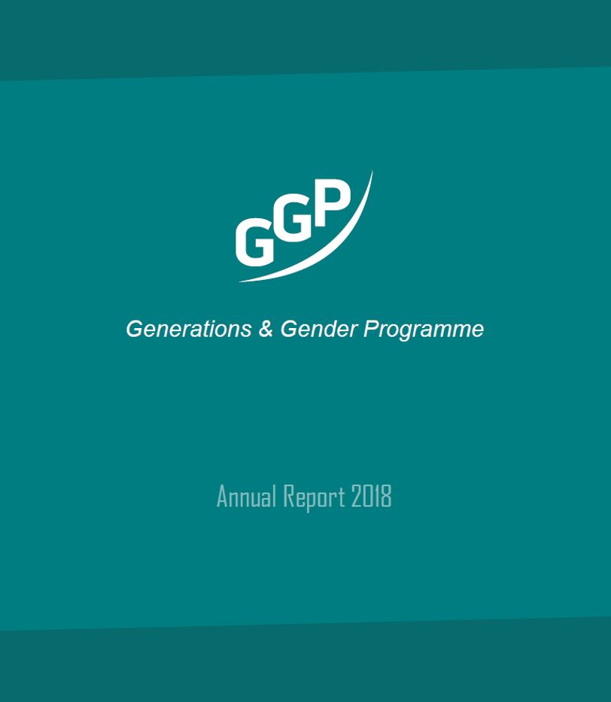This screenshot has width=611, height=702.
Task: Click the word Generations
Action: click(188, 329)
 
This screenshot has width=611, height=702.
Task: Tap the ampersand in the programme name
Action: click(266, 329)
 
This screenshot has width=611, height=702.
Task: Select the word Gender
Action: click(318, 330)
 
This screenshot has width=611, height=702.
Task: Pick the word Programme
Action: click(424, 330)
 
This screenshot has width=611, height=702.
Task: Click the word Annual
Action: click(247, 497)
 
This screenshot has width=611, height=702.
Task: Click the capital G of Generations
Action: click(134, 329)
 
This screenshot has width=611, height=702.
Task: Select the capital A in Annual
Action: click(222, 497)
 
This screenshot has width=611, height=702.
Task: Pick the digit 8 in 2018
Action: click(387, 497)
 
